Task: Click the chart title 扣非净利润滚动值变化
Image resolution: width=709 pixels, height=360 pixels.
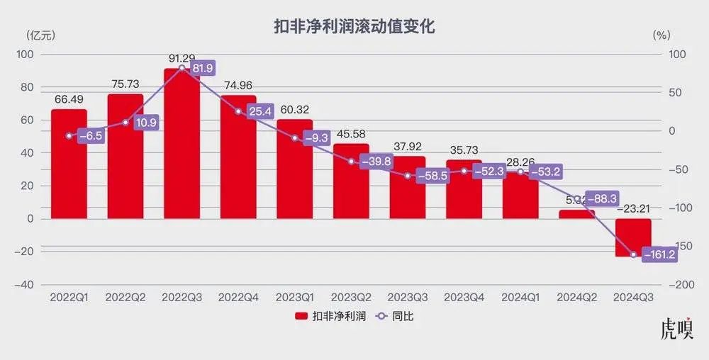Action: tap(354, 28)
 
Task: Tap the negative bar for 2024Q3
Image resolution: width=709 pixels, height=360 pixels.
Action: tap(632, 237)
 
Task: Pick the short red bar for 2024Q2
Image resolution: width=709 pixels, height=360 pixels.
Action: tap(576, 214)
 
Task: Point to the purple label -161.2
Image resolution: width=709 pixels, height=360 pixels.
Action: tap(659, 255)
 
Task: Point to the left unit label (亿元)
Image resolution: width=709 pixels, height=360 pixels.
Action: tap(40, 34)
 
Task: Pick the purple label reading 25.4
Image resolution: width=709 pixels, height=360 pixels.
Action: tap(257, 112)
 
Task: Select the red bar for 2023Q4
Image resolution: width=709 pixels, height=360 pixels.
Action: tap(464, 189)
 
